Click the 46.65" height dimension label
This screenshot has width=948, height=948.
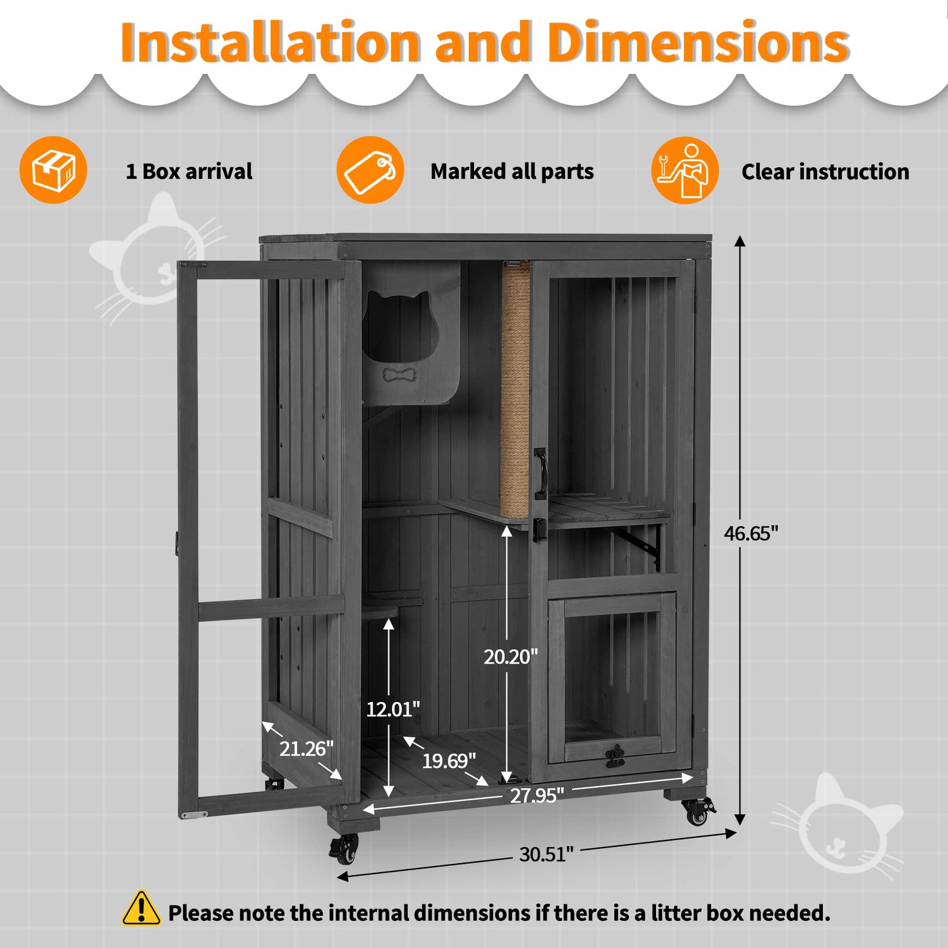[751, 533]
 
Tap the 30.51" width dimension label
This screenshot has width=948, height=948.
[546, 854]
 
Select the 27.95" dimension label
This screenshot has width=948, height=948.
[537, 795]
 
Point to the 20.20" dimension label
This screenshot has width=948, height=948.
[511, 657]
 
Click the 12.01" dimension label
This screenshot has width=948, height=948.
[393, 709]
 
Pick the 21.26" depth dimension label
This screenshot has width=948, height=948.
[307, 748]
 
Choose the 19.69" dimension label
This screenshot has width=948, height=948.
[449, 760]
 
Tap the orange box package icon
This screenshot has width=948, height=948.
[53, 170]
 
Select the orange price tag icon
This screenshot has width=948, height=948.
[370, 170]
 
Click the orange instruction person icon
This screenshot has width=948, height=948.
[685, 170]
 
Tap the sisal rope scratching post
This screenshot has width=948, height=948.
[516, 389]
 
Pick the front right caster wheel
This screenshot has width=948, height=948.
[698, 811]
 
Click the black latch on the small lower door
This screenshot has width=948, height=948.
[614, 757]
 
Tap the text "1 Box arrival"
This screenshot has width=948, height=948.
[189, 171]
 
